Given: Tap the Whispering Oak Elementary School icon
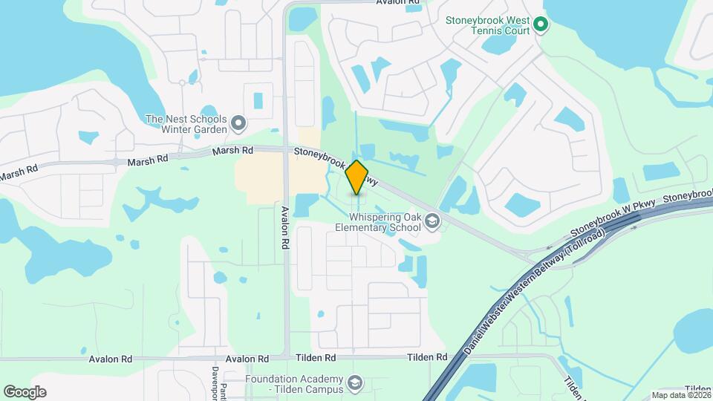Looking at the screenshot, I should (432, 221).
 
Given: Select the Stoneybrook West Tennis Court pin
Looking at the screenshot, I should (541, 26).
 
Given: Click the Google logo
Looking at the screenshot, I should (25, 391).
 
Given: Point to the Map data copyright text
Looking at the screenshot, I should (680, 395).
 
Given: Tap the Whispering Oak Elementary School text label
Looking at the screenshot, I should (377, 221).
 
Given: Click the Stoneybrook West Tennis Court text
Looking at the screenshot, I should (487, 26).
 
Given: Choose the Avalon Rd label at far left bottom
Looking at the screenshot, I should (110, 359).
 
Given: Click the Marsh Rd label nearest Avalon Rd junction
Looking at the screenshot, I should (234, 151).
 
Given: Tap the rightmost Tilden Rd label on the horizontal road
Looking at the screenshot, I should (426, 358).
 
